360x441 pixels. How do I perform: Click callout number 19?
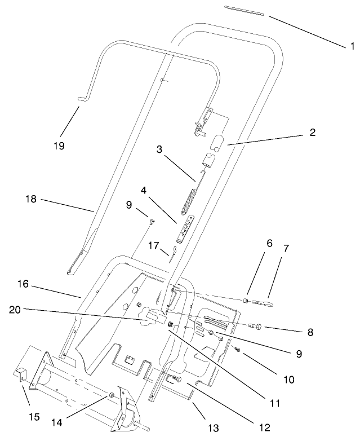click(59, 145)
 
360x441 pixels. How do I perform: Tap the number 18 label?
click(32, 199)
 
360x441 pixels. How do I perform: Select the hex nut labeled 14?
click(112, 394)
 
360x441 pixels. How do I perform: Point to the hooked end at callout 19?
click(82, 99)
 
